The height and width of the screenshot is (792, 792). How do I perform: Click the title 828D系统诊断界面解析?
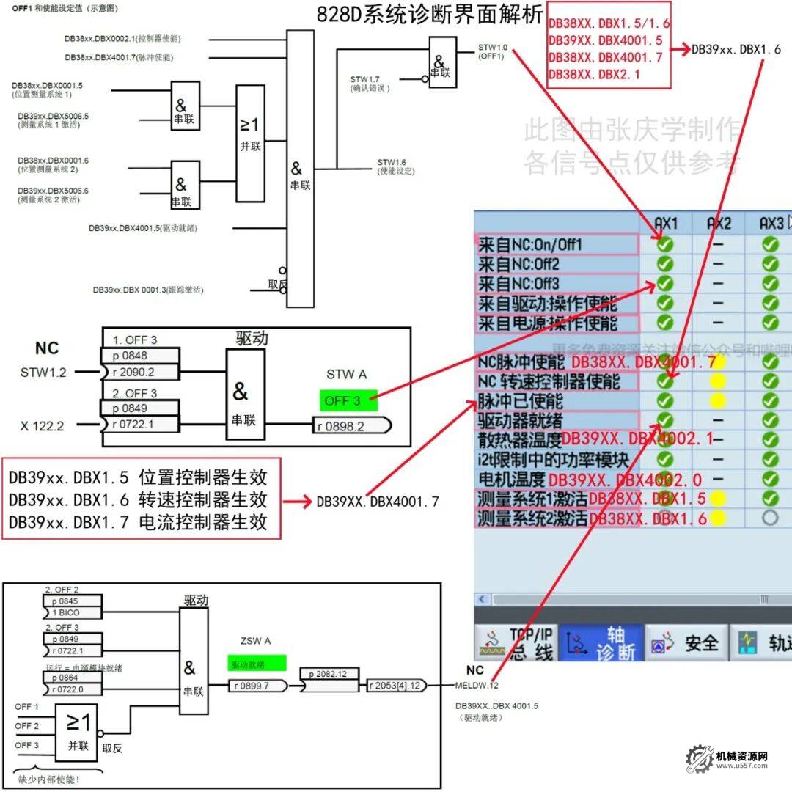pos(430,15)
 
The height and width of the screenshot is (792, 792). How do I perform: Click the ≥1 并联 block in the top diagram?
pos(250,143)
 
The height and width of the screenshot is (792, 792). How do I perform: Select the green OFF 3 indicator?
pos(348,400)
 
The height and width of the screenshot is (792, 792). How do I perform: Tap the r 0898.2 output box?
pos(349,426)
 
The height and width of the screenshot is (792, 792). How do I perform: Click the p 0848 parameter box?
pos(139,356)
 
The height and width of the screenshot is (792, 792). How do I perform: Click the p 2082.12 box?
pos(328,673)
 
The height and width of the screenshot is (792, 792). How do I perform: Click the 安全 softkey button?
pos(687,644)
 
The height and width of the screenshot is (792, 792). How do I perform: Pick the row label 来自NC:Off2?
pos(518,264)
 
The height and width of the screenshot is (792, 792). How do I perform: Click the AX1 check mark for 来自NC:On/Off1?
pos(664,245)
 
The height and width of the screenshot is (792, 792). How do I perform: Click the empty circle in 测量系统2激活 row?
pos(769,518)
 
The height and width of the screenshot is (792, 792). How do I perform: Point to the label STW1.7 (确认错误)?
pos(370,84)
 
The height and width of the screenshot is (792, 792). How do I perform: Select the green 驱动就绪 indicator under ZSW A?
pos(257,664)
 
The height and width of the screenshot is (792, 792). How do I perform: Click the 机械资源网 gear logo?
pos(700,758)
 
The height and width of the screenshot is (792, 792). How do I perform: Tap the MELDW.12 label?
pos(477,686)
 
